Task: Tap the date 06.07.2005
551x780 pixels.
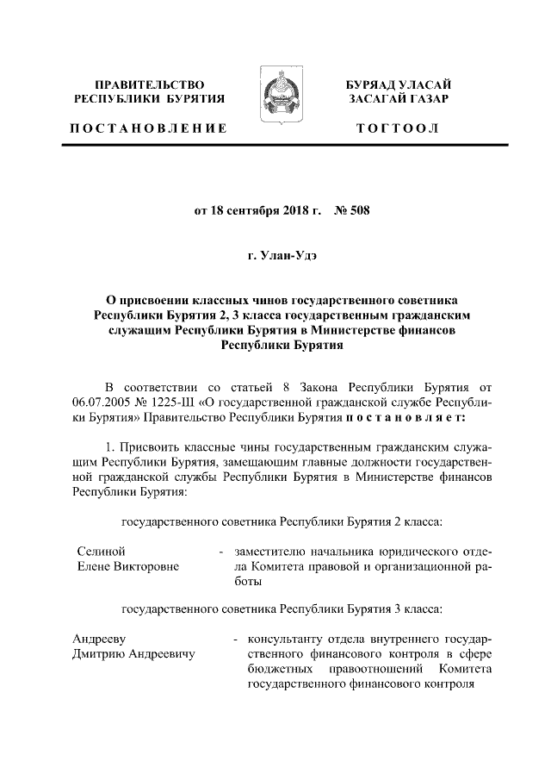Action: click(x=103, y=403)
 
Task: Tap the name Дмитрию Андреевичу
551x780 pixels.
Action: click(x=134, y=655)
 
